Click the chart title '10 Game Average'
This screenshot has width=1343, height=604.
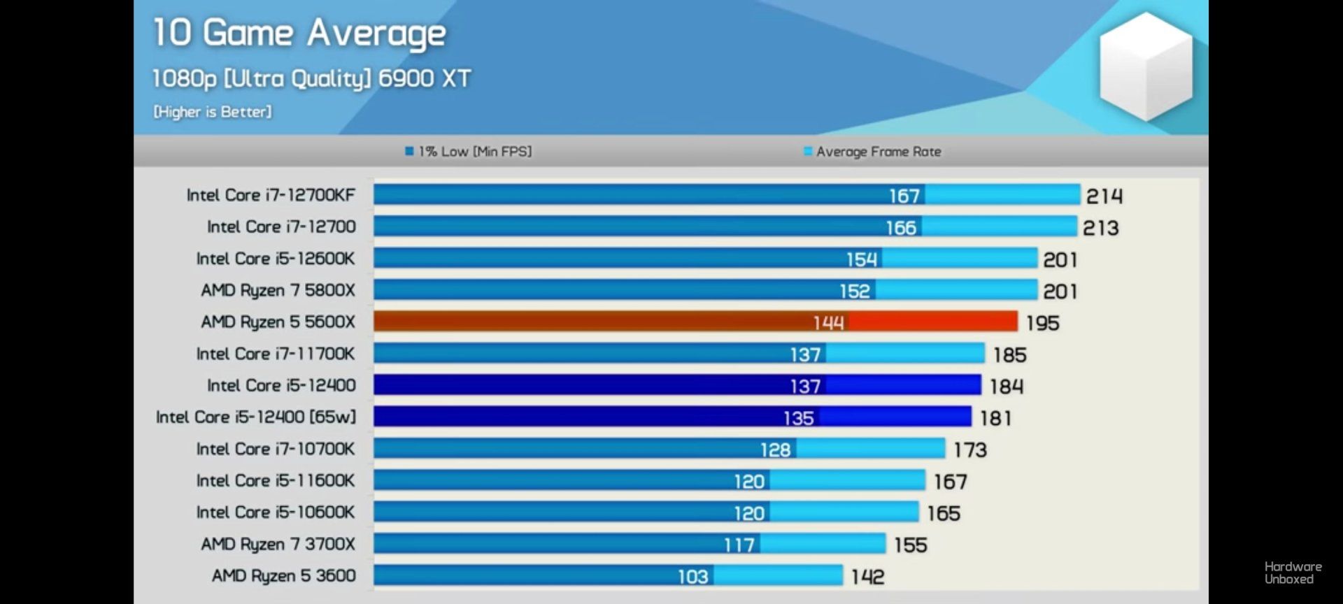pyautogui.click(x=299, y=34)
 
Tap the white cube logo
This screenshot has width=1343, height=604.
pyautogui.click(x=1146, y=67)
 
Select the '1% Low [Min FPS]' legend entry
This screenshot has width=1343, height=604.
pyautogui.click(x=469, y=152)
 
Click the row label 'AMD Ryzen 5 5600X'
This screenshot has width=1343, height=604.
pyautogui.click(x=278, y=322)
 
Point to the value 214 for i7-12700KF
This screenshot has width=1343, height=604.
pyautogui.click(x=1104, y=196)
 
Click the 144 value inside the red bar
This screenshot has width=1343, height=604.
pyautogui.click(x=828, y=322)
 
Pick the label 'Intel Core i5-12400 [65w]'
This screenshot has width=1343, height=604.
pyautogui.click(x=255, y=417)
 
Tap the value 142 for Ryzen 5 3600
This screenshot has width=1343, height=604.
pyautogui.click(x=867, y=577)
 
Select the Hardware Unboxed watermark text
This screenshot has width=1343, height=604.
pyautogui.click(x=1293, y=573)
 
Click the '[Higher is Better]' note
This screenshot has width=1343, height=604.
pyautogui.click(x=213, y=112)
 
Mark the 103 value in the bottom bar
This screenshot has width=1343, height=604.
pyautogui.click(x=692, y=577)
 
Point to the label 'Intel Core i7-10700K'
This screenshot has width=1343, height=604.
pyautogui.click(x=275, y=449)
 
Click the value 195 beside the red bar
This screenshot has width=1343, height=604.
pyautogui.click(x=1042, y=323)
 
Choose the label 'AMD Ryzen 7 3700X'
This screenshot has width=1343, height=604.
pyautogui.click(x=278, y=544)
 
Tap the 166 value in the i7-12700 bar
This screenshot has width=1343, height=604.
pyautogui.click(x=900, y=228)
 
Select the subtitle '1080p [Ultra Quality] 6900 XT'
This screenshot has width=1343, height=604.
pyautogui.click(x=311, y=78)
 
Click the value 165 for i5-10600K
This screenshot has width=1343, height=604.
pyautogui.click(x=943, y=514)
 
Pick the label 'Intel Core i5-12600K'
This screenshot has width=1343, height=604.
pyautogui.click(x=275, y=259)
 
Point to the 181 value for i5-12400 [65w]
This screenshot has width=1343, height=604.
pyautogui.click(x=995, y=418)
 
